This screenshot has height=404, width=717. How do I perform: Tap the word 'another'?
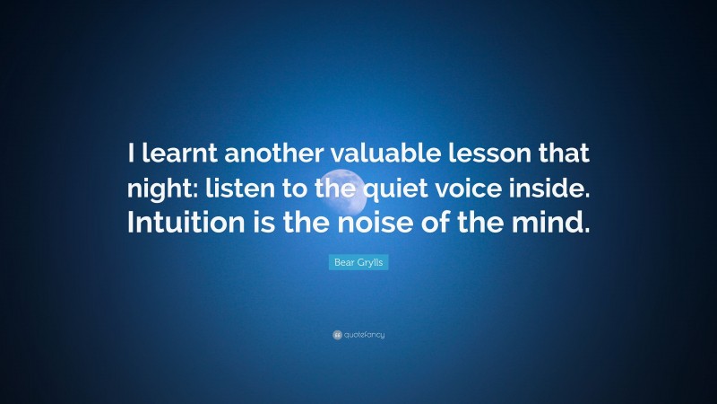(x=265, y=154)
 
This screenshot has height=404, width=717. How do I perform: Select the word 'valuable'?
(x=376, y=154)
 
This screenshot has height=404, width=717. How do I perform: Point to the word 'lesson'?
(x=476, y=154)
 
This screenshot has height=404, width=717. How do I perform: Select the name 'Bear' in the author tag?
(x=342, y=261)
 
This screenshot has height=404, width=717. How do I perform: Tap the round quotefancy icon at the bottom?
(x=336, y=335)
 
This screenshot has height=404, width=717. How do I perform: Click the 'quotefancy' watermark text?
(x=364, y=335)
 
